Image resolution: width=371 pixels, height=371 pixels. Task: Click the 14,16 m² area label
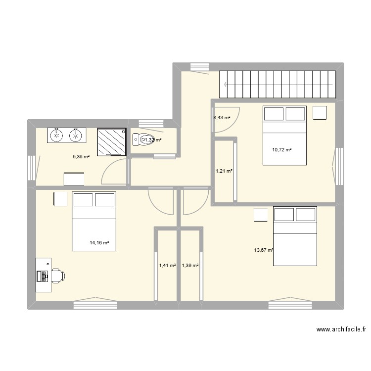click(99, 243)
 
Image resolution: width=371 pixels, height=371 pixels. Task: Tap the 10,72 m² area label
click(282, 149)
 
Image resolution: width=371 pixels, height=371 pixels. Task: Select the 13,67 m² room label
click(264, 250)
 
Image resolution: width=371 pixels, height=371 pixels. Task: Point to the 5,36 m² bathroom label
click(82, 157)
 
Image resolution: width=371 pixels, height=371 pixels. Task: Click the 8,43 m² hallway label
click(222, 118)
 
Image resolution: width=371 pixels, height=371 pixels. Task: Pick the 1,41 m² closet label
click(167, 266)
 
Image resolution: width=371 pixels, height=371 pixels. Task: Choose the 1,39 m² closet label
click(190, 266)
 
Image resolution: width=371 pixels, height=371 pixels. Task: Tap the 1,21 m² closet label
click(224, 171)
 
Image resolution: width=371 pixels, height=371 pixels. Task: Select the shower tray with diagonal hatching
click(112, 142)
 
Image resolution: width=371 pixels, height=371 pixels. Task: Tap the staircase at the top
click(278, 84)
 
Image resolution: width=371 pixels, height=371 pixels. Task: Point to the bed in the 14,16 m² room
click(94, 221)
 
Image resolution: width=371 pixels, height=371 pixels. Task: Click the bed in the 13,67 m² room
click(295, 236)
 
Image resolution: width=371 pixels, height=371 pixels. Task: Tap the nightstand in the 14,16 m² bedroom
click(60, 199)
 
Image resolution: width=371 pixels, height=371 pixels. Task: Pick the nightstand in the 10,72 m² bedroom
click(320, 113)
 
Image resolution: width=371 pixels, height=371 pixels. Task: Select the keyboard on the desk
click(45, 275)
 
